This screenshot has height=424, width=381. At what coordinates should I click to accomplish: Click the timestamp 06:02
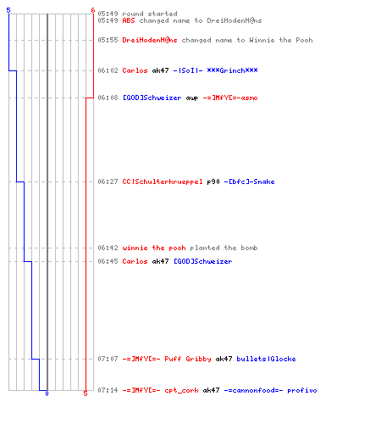coord(108,70)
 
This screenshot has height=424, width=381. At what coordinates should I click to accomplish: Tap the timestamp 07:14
coord(108,390)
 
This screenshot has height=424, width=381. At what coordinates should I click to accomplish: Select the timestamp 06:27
coord(108,181)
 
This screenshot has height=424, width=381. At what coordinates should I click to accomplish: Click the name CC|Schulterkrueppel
coord(163,181)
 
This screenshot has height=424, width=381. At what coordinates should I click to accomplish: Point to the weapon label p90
coord(213,181)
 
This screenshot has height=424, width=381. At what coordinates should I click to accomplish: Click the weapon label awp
coord(192,98)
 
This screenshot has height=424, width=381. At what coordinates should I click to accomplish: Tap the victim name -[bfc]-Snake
coord(249,181)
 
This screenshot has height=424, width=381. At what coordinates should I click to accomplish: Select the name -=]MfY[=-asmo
coord(230,98)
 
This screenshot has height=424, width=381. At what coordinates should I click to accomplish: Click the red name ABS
coord(129,20)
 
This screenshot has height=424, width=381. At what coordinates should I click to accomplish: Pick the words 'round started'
coord(150,14)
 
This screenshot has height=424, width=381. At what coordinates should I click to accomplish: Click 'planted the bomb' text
coord(224,248)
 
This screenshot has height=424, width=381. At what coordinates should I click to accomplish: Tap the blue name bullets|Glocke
coord(266,359)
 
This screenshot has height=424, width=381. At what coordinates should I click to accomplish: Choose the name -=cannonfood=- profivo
coord(270,390)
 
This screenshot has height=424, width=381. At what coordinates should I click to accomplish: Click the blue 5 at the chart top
coord(8,10)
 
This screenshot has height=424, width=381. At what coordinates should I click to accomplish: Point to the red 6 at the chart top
coord(93,10)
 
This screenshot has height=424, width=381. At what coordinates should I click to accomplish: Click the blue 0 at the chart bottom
coord(47,393)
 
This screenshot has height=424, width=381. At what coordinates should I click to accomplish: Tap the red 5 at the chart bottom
coord(86,393)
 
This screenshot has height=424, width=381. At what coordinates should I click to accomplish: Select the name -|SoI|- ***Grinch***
coord(215,70)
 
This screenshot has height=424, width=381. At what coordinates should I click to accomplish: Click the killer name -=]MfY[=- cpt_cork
coord(160,390)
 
